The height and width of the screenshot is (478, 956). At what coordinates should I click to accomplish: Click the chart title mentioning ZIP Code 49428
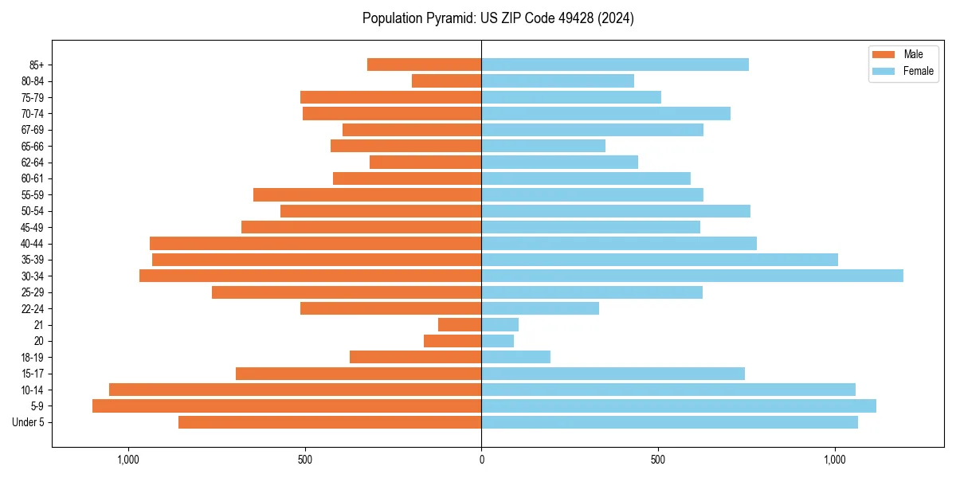498,18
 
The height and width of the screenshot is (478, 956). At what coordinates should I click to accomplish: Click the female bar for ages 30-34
692,276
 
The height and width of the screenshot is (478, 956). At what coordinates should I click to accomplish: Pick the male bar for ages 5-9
287,406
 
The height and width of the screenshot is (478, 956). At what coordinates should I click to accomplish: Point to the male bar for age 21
460,324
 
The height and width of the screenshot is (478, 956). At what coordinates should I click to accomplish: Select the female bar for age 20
497,341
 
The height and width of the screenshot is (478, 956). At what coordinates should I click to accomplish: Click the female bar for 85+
614,65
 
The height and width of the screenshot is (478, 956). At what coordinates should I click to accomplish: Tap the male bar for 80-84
446,80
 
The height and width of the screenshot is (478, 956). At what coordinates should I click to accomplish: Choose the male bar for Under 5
330,422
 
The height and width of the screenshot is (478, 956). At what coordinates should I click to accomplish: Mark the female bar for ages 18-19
515,357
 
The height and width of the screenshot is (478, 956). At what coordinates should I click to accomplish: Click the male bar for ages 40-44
315,243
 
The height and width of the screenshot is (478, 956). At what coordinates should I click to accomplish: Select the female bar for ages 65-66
543,146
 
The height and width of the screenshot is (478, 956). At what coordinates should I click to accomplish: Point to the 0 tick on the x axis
481,460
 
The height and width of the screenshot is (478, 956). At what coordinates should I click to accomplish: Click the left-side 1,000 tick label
128,460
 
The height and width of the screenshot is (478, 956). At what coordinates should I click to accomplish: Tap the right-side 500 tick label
657,460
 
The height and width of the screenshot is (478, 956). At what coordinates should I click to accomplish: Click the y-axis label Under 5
28,422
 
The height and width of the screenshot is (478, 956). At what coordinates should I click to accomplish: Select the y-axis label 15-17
33,374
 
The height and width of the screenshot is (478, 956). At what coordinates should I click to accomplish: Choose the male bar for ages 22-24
390,308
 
